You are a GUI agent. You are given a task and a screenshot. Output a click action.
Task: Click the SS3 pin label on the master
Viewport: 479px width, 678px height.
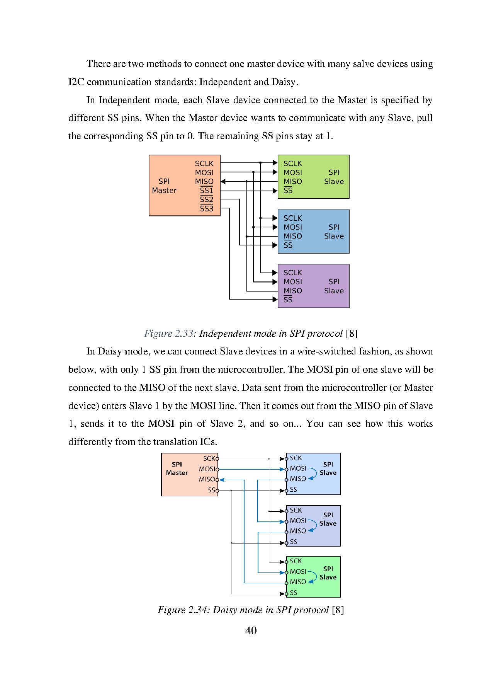(x=206, y=209)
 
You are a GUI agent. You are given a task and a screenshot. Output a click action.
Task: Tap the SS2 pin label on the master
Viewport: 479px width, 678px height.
(x=206, y=200)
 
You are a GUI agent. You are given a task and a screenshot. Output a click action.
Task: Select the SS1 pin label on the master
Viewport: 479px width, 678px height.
(x=206, y=191)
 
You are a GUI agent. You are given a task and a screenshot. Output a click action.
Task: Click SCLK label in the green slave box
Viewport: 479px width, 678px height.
(x=292, y=164)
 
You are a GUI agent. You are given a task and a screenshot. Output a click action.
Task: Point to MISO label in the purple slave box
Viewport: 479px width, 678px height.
(x=292, y=291)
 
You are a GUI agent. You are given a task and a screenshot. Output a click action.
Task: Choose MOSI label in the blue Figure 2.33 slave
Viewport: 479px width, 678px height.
(x=292, y=227)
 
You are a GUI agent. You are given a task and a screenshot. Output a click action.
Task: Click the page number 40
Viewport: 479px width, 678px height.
(x=251, y=631)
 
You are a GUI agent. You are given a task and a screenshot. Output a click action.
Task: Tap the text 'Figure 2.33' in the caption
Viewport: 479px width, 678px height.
(x=168, y=334)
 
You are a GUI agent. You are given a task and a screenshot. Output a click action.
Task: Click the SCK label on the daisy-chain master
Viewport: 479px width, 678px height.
(x=209, y=458)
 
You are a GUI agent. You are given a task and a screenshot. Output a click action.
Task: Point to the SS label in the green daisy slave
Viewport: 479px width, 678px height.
(x=294, y=593)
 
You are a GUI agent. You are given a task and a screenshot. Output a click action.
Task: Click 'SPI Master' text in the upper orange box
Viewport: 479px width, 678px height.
(x=164, y=186)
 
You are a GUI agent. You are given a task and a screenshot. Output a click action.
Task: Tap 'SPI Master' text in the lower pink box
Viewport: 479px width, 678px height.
(x=177, y=468)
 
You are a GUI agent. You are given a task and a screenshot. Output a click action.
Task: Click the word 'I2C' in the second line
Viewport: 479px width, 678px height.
(x=76, y=82)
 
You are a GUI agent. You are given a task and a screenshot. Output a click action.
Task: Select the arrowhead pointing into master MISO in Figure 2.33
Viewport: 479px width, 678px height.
(x=223, y=181)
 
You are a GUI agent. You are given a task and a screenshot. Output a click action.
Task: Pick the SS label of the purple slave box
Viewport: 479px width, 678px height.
(x=288, y=300)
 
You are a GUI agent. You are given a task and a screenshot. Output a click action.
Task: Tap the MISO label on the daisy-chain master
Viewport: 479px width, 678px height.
(x=207, y=479)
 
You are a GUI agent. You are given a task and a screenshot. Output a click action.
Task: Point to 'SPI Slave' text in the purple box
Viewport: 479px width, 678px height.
(x=334, y=286)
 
